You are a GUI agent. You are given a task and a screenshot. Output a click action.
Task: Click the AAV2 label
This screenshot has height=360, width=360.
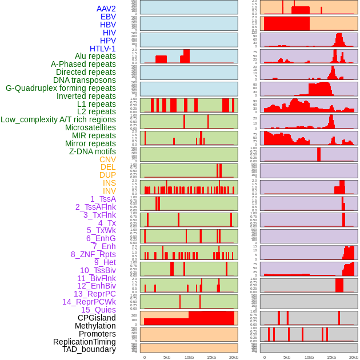pyautogui.click(x=106, y=9)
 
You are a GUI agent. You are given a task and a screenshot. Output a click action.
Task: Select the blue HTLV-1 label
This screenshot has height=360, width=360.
pyautogui.click(x=102, y=49)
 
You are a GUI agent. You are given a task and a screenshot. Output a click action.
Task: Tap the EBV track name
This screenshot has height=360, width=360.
pyautogui.click(x=108, y=17)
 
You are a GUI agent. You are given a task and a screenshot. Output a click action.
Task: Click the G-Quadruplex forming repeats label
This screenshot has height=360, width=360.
pyautogui.click(x=61, y=88)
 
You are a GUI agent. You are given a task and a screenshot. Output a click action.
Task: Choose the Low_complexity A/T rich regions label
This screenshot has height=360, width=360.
pyautogui.click(x=58, y=119)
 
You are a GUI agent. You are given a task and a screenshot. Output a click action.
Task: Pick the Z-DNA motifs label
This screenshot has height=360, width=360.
pyautogui.click(x=92, y=151)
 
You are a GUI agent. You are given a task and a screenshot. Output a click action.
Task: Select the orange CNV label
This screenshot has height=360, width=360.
pyautogui.click(x=107, y=159)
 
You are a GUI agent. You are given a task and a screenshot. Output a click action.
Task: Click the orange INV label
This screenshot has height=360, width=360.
pyautogui.click(x=109, y=191)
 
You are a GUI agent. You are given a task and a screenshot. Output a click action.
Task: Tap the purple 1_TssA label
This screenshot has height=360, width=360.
pyautogui.click(x=103, y=199)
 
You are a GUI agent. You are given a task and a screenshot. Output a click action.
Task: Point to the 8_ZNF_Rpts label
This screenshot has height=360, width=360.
pyautogui.click(x=93, y=254)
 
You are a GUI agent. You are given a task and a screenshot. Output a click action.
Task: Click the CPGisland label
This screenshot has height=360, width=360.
pyautogui.click(x=97, y=318)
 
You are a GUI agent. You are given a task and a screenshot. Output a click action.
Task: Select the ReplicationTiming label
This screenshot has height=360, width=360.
pyautogui.click(x=85, y=342)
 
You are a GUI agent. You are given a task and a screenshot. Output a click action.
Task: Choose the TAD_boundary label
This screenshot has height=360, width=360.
pyautogui.click(x=89, y=349)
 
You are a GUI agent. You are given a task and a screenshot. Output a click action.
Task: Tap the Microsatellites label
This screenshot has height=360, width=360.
pyautogui.click(x=90, y=127)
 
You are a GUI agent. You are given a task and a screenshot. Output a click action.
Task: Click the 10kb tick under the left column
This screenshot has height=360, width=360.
pyautogui.click(x=189, y=357)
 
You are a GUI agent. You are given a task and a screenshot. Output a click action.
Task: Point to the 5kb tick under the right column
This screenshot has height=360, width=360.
pyautogui.click(x=287, y=357)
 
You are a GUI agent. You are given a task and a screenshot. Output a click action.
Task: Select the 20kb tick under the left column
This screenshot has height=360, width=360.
pyautogui.click(x=233, y=357)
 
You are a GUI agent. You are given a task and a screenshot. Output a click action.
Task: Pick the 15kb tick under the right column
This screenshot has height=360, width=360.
pyautogui.click(x=331, y=357)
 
